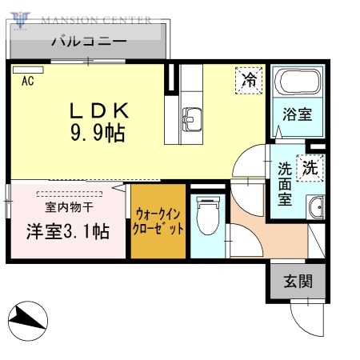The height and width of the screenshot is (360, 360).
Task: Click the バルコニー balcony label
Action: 88,41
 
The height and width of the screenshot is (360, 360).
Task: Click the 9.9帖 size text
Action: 98,132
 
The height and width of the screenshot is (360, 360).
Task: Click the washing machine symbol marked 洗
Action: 310,168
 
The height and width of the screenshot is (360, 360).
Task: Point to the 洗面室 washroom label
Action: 285,185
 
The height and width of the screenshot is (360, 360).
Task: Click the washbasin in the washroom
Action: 317,206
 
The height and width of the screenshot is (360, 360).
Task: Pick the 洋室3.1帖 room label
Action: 66,233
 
